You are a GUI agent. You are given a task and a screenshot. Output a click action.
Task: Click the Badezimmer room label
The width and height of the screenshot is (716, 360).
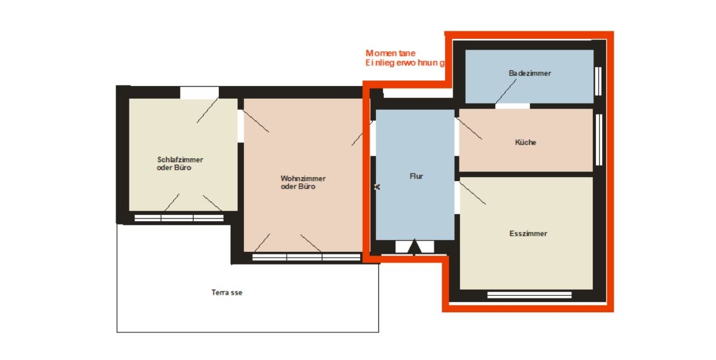(530, 73)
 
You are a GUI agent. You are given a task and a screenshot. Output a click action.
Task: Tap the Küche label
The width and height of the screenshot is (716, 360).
(526, 143)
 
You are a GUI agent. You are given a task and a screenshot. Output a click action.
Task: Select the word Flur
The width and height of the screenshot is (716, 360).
(416, 176)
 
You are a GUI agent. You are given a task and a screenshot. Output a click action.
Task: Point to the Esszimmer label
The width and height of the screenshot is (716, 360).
(528, 234)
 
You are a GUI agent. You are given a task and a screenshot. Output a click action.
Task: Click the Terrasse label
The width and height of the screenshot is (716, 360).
(227, 293)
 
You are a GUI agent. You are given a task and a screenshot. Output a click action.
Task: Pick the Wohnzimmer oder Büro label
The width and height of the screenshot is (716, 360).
(303, 182)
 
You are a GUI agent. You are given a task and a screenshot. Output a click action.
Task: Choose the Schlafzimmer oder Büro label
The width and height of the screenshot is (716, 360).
(180, 164)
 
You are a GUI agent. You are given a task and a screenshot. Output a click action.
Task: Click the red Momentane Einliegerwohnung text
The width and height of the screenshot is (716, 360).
(405, 58)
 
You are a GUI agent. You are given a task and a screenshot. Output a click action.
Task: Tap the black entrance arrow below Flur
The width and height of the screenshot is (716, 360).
(414, 246)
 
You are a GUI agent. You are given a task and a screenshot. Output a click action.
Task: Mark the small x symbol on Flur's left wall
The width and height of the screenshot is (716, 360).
(377, 187)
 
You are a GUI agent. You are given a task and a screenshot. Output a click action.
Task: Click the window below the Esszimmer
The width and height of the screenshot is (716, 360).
(529, 295)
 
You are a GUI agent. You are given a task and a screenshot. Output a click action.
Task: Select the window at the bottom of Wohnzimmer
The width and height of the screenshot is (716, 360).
(306, 258)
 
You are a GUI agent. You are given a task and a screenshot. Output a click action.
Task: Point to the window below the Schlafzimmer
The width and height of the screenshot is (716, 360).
(179, 217)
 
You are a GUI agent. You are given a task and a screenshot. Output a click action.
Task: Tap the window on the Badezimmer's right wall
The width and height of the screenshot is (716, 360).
(598, 81)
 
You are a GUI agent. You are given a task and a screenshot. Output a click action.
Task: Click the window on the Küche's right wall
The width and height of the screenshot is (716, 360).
(598, 139)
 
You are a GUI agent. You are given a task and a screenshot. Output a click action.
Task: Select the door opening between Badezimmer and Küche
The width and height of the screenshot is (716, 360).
(512, 106)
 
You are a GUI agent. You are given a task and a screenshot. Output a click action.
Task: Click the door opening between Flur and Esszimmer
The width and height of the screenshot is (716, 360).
(457, 197)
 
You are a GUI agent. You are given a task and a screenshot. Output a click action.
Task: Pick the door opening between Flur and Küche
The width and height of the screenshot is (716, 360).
(457, 137)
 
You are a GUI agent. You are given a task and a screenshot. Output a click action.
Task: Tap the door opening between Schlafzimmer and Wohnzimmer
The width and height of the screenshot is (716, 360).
(241, 126)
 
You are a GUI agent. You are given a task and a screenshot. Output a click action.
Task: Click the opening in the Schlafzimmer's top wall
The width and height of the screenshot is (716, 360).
(199, 92)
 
